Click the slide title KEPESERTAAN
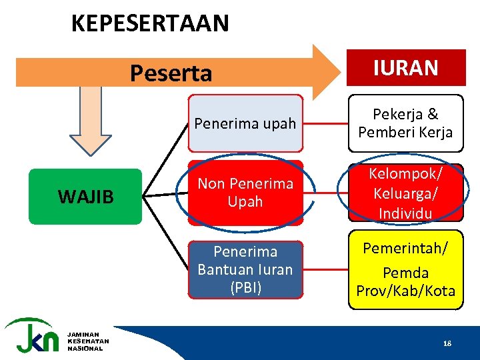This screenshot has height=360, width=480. [x=150, y=23]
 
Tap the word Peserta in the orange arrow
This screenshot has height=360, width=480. [x=171, y=73]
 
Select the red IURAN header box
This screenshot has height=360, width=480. [x=405, y=68]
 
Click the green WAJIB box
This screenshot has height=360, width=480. [x=85, y=197]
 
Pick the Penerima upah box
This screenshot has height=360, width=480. [x=245, y=123]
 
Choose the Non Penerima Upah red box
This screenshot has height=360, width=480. [x=245, y=192]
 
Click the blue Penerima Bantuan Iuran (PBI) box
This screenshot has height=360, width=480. [x=245, y=269]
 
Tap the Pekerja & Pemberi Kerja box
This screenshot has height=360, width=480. [x=405, y=123]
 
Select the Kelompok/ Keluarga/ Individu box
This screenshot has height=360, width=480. [x=405, y=192]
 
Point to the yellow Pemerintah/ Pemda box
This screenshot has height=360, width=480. [x=405, y=269]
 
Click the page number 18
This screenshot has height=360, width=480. [x=447, y=343]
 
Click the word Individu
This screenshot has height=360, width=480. [x=405, y=213]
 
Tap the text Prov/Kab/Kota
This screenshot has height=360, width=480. [x=405, y=291]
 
